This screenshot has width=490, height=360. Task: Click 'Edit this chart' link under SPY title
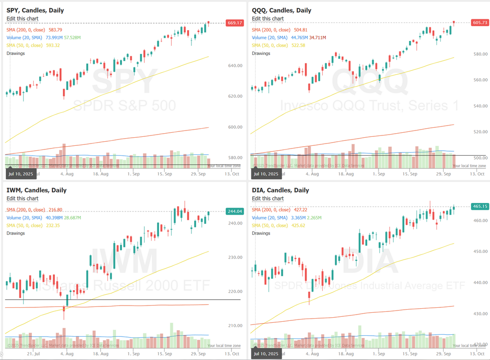(22, 18)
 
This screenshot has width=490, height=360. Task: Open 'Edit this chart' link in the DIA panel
(268, 198)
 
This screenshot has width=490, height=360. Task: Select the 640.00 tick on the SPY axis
(236, 66)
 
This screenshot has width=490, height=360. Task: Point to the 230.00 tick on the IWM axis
(236, 257)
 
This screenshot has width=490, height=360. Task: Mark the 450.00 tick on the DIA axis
(480, 251)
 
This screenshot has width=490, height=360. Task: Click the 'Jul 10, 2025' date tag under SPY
(21, 173)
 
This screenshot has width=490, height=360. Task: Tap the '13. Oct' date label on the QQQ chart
(477, 174)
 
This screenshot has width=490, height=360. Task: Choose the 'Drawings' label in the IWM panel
(16, 233)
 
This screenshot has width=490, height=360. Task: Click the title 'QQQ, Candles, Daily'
(281, 10)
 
